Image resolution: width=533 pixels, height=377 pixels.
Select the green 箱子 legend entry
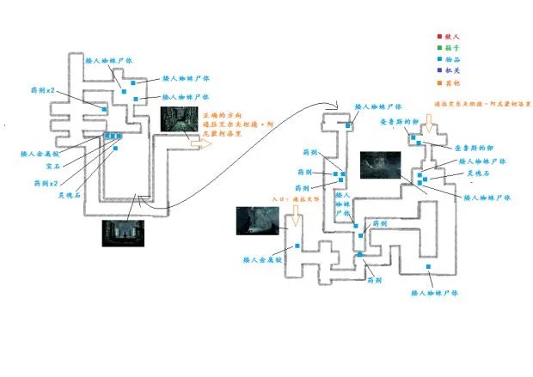tap(449, 48)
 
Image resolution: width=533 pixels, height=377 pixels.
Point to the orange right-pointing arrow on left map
tap(199, 145)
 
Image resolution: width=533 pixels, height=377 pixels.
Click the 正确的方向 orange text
tap(221, 114)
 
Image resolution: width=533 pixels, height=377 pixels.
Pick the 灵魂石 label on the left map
tap(70, 194)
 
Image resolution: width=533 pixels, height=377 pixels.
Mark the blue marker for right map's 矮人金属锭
tap(297, 246)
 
